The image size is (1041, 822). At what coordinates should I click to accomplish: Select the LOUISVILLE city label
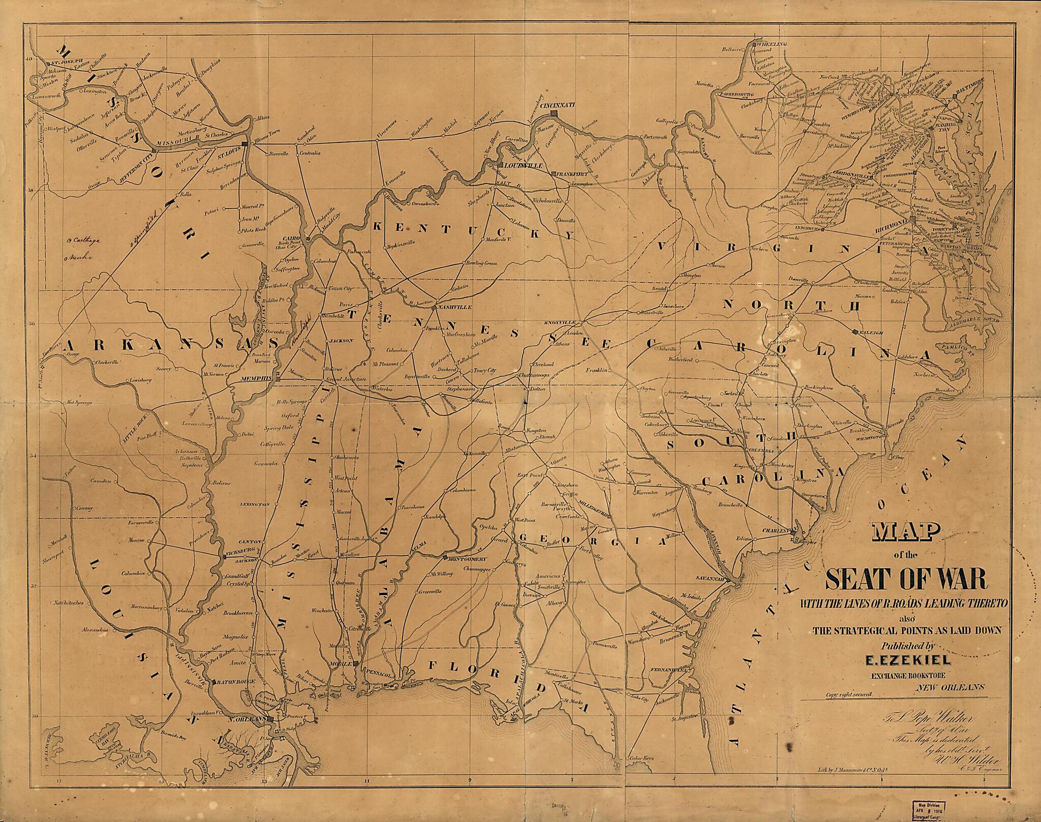520,166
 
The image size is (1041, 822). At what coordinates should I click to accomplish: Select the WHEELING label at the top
771,44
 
